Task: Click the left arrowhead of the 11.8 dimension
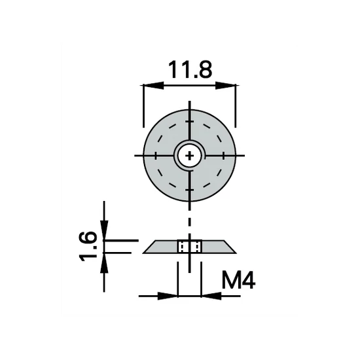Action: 148,84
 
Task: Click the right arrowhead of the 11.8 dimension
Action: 231,84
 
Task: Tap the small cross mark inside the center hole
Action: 190,155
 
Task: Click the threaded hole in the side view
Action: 190,246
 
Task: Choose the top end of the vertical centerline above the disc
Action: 190,105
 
